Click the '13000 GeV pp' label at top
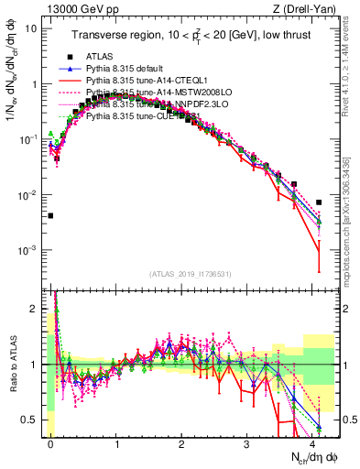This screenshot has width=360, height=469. [x=66, y=8]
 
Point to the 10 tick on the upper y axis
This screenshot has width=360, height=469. [x=31, y=27]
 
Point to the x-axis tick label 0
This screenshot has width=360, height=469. [x=50, y=442]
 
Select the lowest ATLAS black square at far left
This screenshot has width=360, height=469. [x=50, y=216]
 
